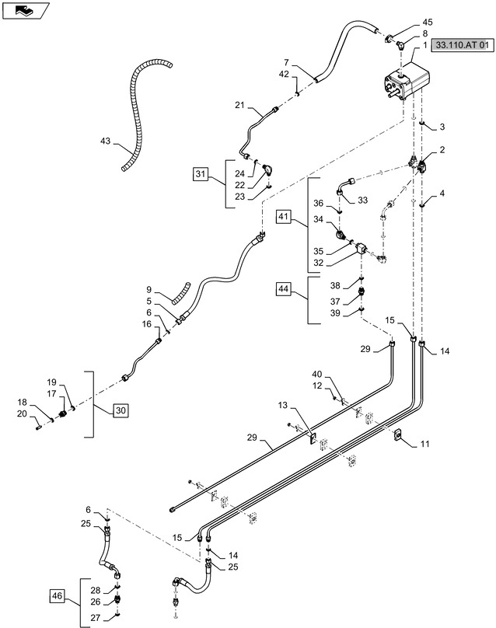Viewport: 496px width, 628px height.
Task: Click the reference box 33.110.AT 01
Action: (x=463, y=47)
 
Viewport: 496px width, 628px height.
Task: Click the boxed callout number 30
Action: (x=121, y=410)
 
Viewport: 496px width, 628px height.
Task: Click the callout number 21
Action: (x=239, y=104)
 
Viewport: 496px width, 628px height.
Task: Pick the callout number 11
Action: (x=424, y=444)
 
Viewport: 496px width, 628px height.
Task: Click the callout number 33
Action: (x=362, y=200)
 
